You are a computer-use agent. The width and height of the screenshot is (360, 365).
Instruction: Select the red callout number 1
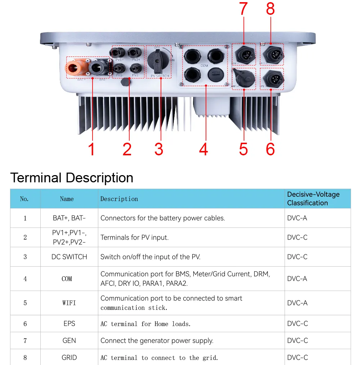pyautogui.click(x=91, y=149)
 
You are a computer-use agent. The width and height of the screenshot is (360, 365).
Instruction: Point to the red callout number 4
pyautogui.click(x=203, y=149)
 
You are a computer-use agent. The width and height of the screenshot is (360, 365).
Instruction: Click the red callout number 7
pyautogui.click(x=243, y=9)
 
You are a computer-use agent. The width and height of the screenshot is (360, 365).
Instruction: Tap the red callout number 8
pyautogui.click(x=270, y=9)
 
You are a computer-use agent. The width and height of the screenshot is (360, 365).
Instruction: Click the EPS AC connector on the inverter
pyautogui.click(x=271, y=78)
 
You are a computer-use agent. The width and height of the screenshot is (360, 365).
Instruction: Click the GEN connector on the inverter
pyautogui.click(x=243, y=54)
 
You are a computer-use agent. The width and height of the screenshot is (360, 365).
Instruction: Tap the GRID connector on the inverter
pyautogui.click(x=271, y=54)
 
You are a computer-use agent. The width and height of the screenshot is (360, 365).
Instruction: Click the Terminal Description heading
pyautogui.click(x=72, y=178)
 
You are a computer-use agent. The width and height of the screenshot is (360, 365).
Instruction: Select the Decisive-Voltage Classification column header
pyautogui.click(x=313, y=199)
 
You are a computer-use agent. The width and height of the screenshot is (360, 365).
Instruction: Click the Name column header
pyautogui.click(x=67, y=199)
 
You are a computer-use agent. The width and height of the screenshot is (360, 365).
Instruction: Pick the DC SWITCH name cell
pyautogui.click(x=69, y=257)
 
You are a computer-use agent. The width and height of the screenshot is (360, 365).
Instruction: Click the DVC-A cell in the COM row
pyautogui.click(x=297, y=279)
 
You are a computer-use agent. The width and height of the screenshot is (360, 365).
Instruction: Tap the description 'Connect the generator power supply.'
pyautogui.click(x=157, y=340)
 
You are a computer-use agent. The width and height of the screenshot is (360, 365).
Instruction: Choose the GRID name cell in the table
pyautogui.click(x=69, y=358)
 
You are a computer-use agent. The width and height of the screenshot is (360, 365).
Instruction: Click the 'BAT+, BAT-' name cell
pyautogui.click(x=69, y=218)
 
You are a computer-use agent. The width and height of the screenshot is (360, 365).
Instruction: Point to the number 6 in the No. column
pyautogui.click(x=25, y=324)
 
